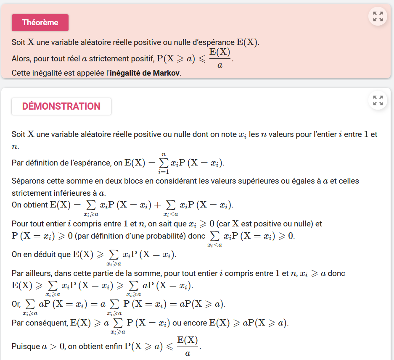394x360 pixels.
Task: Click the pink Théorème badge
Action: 40,23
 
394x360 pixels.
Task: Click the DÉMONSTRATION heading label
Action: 61,106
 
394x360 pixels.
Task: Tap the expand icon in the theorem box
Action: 378,16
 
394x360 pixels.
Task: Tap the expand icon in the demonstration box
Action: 378,100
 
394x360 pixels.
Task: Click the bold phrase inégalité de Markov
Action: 145,73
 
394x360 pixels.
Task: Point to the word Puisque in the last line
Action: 26,347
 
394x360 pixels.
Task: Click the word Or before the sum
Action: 16,304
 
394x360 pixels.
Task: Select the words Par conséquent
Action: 40,323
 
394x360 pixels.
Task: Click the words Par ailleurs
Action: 30,273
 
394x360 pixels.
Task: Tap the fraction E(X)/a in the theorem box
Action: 220,58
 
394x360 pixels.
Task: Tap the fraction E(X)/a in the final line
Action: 188,347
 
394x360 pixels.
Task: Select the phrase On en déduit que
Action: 41,254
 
